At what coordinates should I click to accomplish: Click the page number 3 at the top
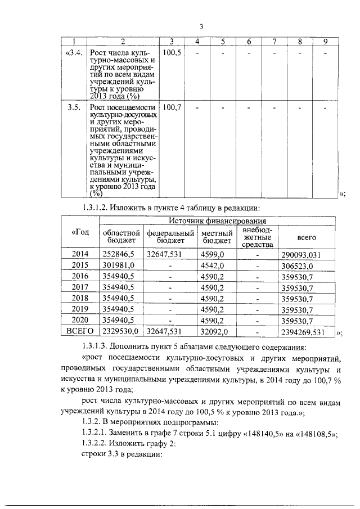(x=201, y=25)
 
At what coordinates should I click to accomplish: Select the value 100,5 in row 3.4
(x=172, y=53)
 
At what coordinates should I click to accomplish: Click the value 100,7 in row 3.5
(x=172, y=107)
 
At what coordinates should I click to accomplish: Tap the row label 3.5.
(x=74, y=107)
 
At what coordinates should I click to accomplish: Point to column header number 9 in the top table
(x=325, y=42)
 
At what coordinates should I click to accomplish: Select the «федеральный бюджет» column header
(x=170, y=237)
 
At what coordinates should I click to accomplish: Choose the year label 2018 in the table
(x=80, y=298)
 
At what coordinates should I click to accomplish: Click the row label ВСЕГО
(x=80, y=331)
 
